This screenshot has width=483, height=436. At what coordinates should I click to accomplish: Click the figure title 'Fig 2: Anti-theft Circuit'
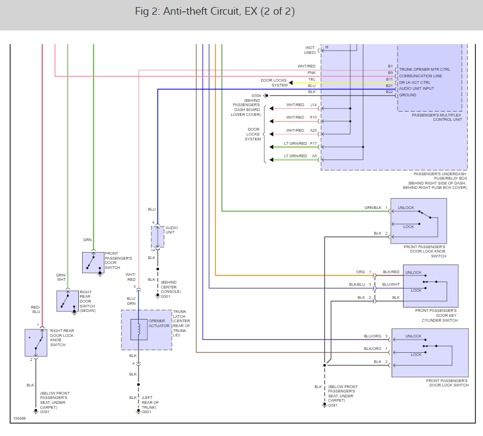point(215,11)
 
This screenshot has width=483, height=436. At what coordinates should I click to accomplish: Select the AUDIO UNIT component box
point(157,237)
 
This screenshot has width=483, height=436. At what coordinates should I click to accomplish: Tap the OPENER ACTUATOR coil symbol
point(139,329)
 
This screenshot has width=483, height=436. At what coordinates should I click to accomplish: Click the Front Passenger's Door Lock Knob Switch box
point(418,221)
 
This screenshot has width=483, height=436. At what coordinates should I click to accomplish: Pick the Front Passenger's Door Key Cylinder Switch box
point(430,286)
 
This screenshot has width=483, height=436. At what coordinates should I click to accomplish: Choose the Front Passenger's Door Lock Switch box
point(430,352)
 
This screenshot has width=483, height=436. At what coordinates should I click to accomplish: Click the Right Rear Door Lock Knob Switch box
point(36,342)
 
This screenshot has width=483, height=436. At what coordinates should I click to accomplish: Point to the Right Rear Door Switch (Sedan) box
point(68,301)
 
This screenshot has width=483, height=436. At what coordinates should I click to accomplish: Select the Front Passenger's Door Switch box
point(93,262)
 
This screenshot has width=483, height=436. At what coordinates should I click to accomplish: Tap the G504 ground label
point(256,95)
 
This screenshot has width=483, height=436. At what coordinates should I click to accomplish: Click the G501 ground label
point(165,297)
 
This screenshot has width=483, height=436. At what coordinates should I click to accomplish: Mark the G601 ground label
point(146,412)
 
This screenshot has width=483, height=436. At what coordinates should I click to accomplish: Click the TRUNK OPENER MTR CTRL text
point(425,70)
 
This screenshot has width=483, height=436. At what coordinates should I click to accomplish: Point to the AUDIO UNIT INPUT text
point(417,89)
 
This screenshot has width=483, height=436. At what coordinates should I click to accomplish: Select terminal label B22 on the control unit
point(389,92)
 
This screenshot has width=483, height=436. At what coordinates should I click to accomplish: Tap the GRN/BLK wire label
point(373,208)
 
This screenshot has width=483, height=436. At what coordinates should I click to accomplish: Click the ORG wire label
point(361,272)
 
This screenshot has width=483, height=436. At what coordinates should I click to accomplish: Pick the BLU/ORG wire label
point(373,336)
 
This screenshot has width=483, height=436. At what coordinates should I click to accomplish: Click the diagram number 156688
point(20,419)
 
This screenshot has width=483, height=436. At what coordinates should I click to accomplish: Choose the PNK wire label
point(312,72)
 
